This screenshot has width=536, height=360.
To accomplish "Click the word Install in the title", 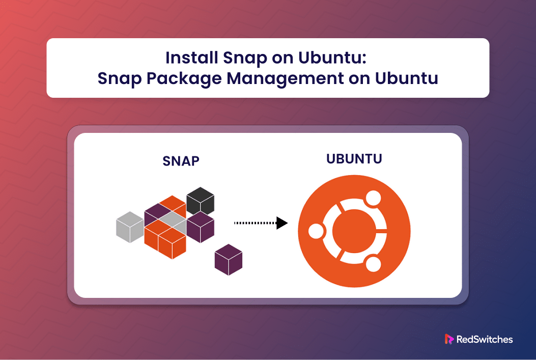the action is (x=192, y=58).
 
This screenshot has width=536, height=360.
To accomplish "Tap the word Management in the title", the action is (x=286, y=78).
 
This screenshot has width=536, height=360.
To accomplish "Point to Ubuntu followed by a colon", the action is (x=332, y=58).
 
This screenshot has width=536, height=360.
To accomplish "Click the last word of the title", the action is (x=406, y=78).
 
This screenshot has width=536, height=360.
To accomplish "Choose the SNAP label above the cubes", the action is (x=181, y=161).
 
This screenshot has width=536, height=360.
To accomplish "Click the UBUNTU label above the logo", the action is (x=354, y=159).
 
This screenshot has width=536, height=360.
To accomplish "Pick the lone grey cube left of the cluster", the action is (x=130, y=227).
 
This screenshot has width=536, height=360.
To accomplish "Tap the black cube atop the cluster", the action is (x=201, y=201).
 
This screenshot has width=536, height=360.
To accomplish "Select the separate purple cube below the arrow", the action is (x=229, y=260).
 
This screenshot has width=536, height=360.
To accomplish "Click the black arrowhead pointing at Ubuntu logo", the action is (x=281, y=223).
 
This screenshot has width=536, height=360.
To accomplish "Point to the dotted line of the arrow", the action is (x=255, y=223).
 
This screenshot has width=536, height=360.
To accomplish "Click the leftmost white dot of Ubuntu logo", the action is (x=316, y=231).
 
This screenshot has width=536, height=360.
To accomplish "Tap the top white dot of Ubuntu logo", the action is (x=373, y=198).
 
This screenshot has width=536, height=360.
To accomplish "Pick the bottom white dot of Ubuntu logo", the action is (x=373, y=264).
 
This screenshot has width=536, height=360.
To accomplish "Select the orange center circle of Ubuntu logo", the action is (x=354, y=231).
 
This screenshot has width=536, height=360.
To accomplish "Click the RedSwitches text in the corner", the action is (x=485, y=340).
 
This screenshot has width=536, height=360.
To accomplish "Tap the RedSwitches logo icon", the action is (x=449, y=339).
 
